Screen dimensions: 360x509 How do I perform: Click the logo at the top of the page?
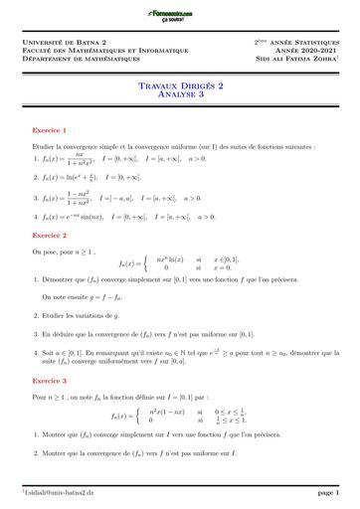coord(179,10)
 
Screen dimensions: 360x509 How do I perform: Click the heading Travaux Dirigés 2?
coord(180,86)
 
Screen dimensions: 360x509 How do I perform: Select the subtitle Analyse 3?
coord(180,95)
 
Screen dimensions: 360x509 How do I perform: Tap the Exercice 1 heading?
coord(50,130)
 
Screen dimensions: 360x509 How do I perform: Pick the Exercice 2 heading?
coord(50,236)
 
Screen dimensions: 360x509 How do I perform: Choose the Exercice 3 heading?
coord(50,380)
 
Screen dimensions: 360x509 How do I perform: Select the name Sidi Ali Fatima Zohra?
coord(297,61)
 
